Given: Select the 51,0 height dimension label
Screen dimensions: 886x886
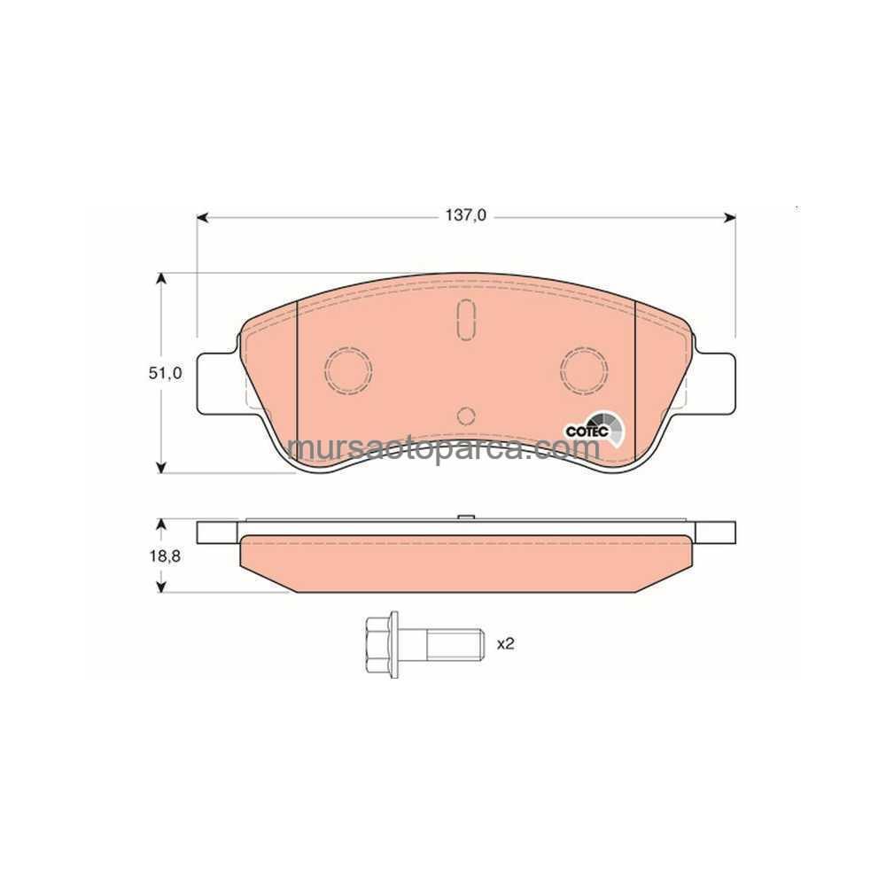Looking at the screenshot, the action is pos(166,373).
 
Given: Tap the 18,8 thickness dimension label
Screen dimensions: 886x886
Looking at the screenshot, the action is pos(165,556).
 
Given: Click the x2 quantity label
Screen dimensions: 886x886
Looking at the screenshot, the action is pos(505,643).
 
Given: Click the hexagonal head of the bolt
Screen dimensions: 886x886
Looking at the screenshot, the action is pos(381,644).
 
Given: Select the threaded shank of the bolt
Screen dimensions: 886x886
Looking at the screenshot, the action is pos(455,644).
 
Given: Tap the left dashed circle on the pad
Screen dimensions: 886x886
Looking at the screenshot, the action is pos(348,369).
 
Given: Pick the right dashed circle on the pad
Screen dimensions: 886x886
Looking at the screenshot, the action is pos(584,369).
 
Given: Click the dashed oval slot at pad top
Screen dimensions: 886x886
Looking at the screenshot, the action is pos(466,321).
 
